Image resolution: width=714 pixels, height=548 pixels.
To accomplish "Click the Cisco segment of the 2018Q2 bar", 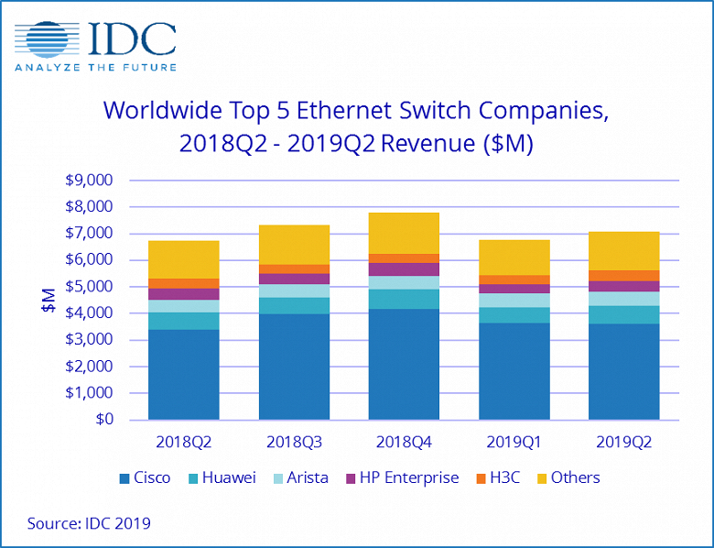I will click(x=183, y=374).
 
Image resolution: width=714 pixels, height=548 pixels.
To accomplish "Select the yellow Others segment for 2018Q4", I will click(x=403, y=233).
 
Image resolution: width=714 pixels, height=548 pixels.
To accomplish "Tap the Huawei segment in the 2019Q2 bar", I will click(x=622, y=314).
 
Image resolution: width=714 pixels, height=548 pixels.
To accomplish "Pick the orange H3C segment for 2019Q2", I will click(x=622, y=275).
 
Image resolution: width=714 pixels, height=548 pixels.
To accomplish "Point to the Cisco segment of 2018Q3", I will click(x=294, y=367).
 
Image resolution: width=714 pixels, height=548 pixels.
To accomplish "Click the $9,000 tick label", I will click(x=87, y=181).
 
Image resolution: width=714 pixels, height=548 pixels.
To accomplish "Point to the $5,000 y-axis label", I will click(x=87, y=287).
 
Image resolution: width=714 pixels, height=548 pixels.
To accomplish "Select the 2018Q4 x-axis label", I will click(x=403, y=441).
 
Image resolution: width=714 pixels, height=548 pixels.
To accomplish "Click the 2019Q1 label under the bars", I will click(x=513, y=441).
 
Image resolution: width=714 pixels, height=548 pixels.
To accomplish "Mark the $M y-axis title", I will click(x=48, y=301).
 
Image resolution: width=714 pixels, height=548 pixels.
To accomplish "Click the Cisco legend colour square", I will click(x=124, y=478).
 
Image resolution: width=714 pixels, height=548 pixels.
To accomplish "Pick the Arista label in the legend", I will click(x=308, y=477).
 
